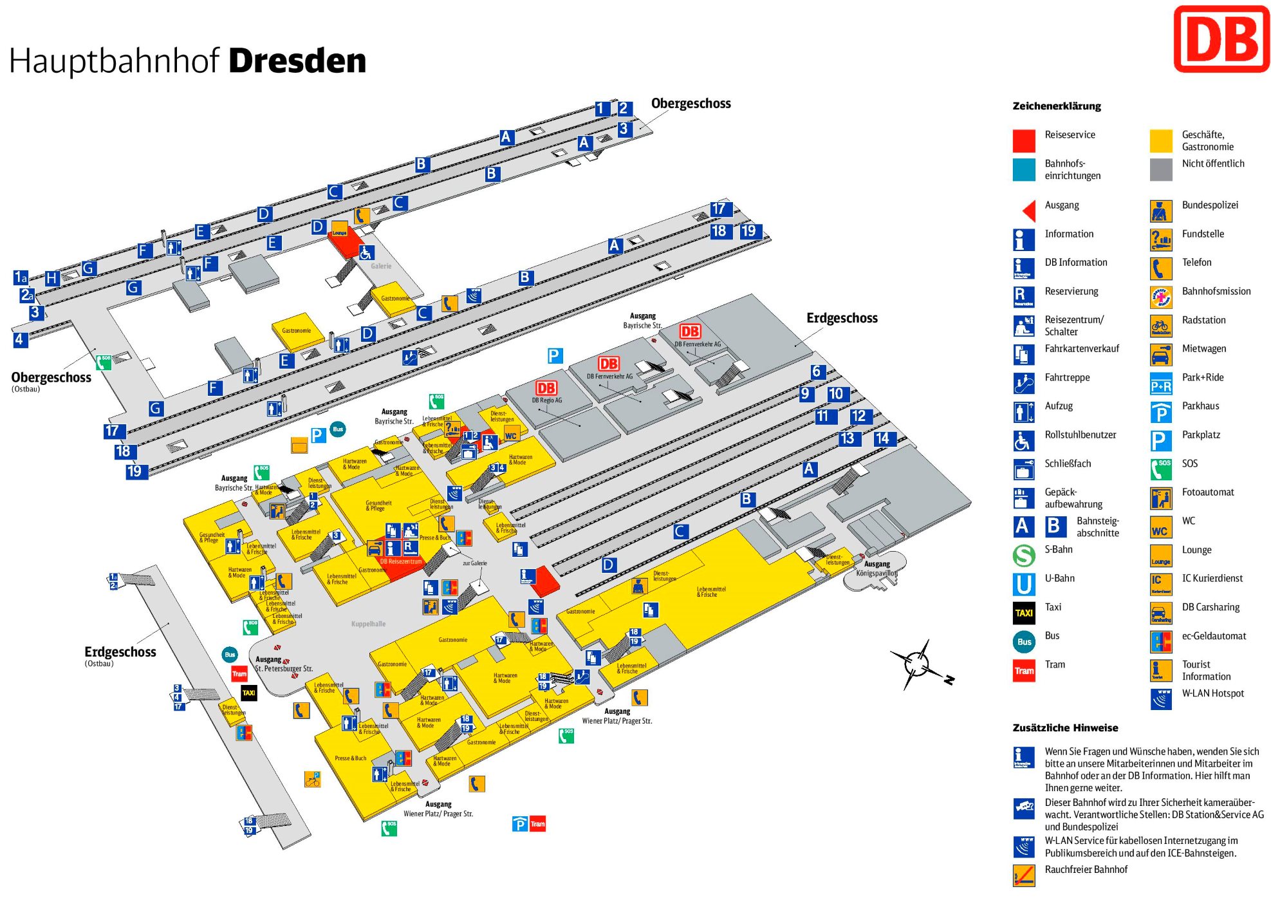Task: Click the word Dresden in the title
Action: coord(297,61)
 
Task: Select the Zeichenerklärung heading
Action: coord(1056,106)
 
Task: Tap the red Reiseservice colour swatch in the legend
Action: coord(1023,140)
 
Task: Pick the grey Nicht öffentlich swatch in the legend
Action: coord(1160,169)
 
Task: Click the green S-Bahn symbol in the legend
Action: coord(1023,555)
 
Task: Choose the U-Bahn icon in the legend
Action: coord(1023,584)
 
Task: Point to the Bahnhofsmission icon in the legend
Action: coord(1160,297)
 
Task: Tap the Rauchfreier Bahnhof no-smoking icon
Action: coord(1023,875)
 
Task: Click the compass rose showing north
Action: coord(917,663)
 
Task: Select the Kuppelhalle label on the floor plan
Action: coord(368,624)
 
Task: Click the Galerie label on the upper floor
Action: coord(380,266)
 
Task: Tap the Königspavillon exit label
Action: coord(877,573)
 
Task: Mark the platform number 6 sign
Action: coord(816,371)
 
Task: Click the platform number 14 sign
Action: coord(882,438)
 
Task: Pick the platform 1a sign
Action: coord(21,277)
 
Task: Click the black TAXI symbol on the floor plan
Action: coord(248,693)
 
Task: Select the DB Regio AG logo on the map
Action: coord(546,388)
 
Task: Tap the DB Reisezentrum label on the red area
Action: coord(401,561)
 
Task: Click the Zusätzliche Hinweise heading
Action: coord(1065,728)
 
